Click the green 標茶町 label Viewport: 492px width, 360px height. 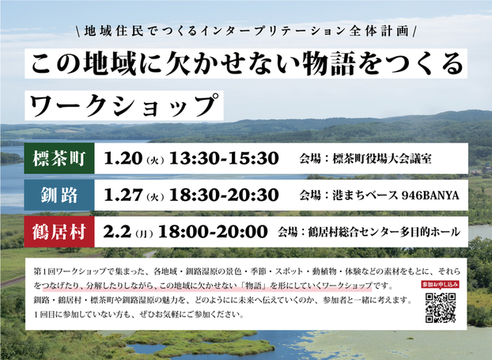(59, 157)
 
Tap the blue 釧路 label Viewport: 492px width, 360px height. (59, 194)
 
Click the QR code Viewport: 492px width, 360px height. (441, 308)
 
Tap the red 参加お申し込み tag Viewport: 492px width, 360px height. (441, 283)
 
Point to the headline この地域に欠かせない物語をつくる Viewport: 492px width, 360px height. (246, 63)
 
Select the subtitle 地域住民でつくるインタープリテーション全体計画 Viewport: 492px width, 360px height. (246, 31)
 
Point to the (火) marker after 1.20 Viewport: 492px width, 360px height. (154, 158)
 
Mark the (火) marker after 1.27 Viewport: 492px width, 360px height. (154, 195)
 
